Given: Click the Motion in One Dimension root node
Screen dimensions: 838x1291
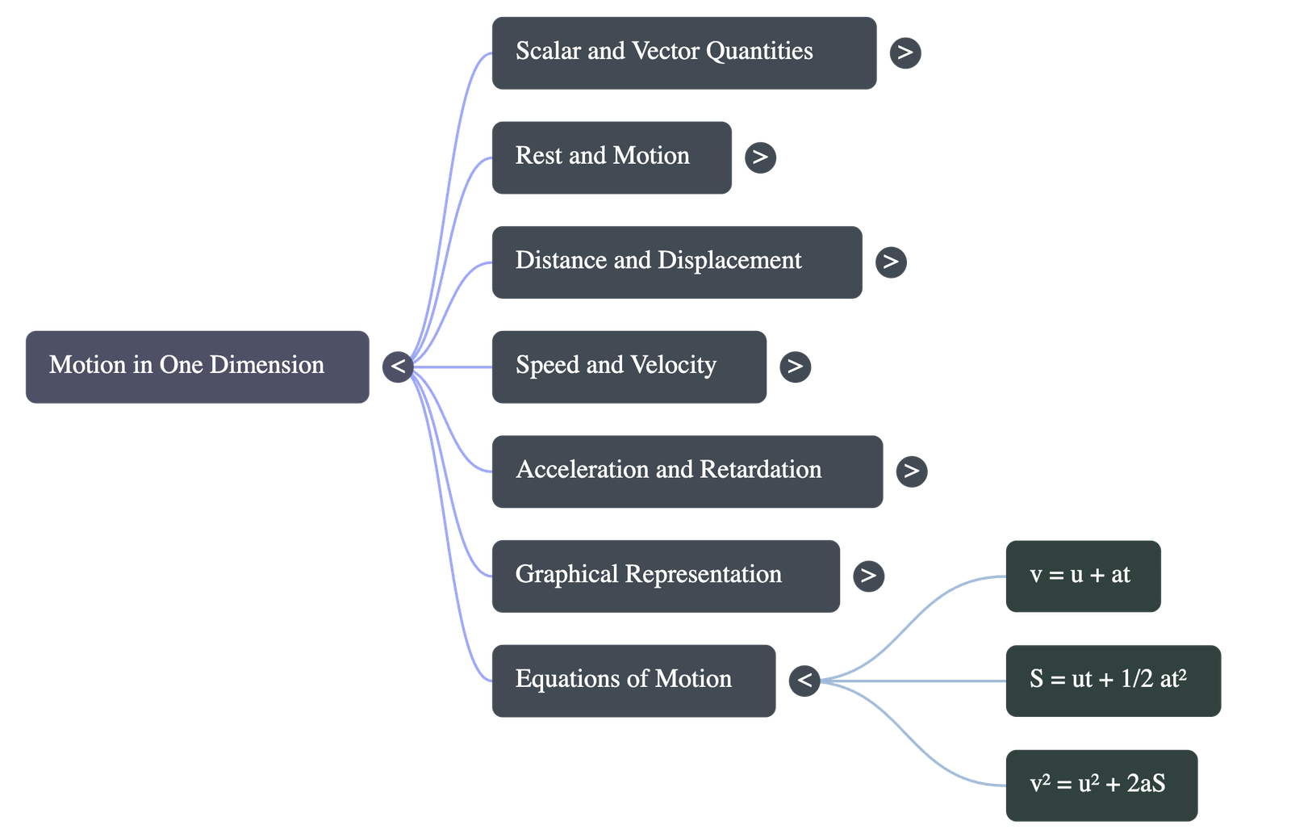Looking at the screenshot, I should pyautogui.click(x=197, y=366).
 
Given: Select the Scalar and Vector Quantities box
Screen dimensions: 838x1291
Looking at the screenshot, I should pyautogui.click(x=683, y=52).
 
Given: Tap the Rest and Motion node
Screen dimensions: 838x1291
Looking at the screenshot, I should pyautogui.click(x=612, y=157).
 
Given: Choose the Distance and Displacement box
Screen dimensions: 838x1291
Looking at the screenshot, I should pyautogui.click(x=676, y=262).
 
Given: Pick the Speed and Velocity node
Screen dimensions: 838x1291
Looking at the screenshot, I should pyautogui.click(x=629, y=367).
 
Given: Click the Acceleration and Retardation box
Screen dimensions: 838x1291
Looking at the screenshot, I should pyautogui.click(x=687, y=471).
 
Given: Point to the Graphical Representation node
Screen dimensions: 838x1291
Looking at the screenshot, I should pyautogui.click(x=666, y=576).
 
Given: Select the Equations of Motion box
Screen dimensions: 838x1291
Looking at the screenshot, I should pyautogui.click(x=633, y=680).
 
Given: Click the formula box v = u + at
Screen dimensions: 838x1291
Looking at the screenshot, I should pyautogui.click(x=1083, y=576).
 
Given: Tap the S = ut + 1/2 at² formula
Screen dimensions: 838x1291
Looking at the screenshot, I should pyautogui.click(x=1113, y=680).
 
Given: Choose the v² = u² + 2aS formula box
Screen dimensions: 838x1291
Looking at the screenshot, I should pyautogui.click(x=1101, y=785).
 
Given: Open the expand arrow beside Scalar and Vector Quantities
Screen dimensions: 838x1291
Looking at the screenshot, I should pyautogui.click(x=905, y=52).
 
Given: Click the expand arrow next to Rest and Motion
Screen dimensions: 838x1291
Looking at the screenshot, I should pyautogui.click(x=760, y=157).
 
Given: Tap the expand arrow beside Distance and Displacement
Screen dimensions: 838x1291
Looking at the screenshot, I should pyautogui.click(x=891, y=262).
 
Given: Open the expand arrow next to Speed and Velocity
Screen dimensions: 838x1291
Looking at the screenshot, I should pyautogui.click(x=796, y=367).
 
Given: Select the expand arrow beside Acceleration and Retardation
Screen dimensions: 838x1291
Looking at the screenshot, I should pyautogui.click(x=912, y=471).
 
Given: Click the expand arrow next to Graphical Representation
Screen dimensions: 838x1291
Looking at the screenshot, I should pyautogui.click(x=868, y=576).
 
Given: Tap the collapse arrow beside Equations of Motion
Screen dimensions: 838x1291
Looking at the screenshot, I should pyautogui.click(x=804, y=680).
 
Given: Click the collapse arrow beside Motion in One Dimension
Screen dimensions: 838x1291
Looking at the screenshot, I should pyautogui.click(x=398, y=367).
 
